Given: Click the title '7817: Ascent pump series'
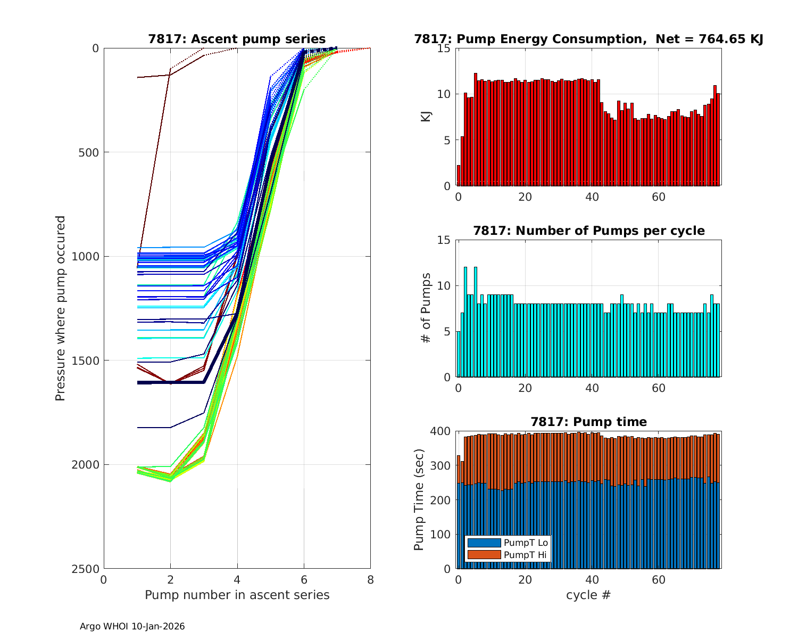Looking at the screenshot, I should coord(237,39).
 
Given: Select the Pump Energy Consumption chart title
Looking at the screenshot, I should coord(588,39).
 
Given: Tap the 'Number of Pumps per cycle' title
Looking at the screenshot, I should coord(588,231).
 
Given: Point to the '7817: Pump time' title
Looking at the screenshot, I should coord(588,422).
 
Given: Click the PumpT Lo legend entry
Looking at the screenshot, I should coord(526,543).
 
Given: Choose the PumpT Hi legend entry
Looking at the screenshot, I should coord(525,555).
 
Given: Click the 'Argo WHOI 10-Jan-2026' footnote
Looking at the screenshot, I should coord(132,626).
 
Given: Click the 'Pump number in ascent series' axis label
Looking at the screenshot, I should coord(237,595).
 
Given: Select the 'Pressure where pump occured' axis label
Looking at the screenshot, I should coord(60,308).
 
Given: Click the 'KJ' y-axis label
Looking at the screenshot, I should coord(426,117).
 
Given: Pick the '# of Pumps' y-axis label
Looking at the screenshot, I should coord(426,308).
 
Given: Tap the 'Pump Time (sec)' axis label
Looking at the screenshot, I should coord(419,499).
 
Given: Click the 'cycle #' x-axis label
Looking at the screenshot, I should coord(588,595).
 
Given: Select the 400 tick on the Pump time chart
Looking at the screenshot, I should coord(443,431).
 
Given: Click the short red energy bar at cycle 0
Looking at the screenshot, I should coord(459,176).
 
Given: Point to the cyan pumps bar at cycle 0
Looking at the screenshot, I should coord(459,354).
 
